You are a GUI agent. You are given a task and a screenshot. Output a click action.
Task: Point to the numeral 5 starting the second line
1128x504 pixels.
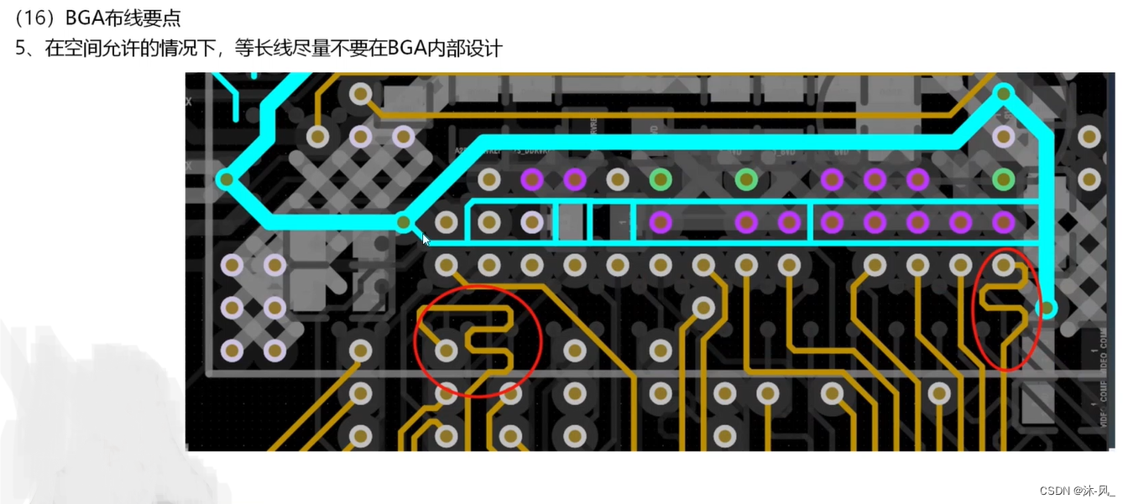22,48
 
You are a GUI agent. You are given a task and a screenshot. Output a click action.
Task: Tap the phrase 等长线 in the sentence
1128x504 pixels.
263,48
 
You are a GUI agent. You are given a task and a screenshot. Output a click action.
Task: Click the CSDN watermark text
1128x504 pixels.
1055,491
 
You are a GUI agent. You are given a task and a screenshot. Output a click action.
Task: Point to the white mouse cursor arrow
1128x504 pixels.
425,239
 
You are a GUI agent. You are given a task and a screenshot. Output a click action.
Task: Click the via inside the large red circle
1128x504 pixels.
446,350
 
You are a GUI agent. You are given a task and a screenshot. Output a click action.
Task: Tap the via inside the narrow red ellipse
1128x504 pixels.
1004,265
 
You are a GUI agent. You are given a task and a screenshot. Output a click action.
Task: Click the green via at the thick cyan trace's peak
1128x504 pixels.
1004,93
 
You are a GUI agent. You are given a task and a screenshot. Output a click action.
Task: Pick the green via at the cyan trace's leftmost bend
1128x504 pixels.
225,179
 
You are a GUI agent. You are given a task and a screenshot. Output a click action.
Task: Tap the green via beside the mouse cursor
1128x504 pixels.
404,222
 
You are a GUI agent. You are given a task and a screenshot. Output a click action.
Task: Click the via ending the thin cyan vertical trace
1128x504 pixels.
1047,309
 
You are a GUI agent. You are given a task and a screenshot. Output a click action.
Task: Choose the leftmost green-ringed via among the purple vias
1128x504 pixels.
661,179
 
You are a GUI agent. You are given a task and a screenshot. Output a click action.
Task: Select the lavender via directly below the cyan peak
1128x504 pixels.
1004,135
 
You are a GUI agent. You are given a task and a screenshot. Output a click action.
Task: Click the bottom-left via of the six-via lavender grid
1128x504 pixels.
232,350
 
